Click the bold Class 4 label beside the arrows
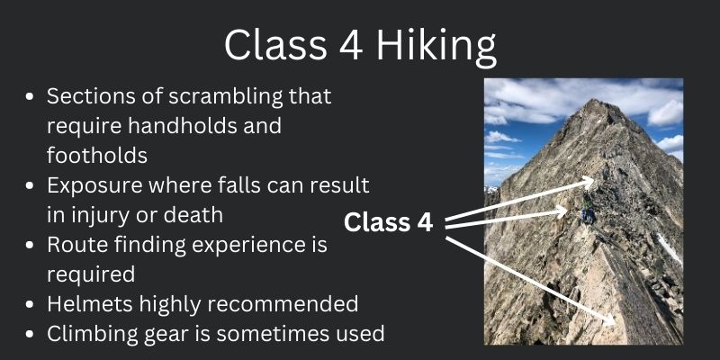[389, 221]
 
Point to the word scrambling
[202, 95]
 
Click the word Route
[75, 244]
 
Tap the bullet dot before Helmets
[31, 304]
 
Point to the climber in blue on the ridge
[587, 213]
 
